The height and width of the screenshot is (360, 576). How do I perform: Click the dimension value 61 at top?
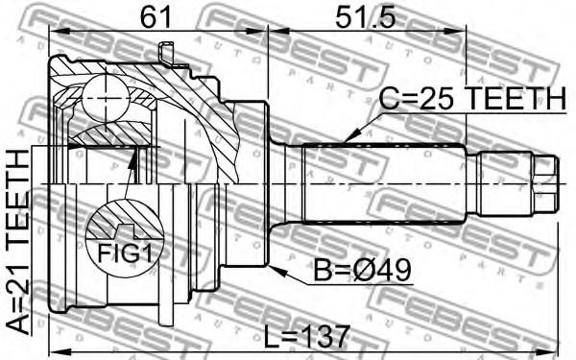point(156,17)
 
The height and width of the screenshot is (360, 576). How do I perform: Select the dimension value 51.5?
point(365,17)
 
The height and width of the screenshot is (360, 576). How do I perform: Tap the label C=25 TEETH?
point(472,99)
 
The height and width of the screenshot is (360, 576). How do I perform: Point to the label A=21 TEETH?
point(18,242)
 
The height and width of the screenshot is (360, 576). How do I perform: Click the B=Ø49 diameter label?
point(362,271)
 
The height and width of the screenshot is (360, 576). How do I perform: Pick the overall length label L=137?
point(307,338)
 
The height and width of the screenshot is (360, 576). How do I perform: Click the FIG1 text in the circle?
point(125,253)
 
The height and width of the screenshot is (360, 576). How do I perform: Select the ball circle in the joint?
point(106,98)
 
